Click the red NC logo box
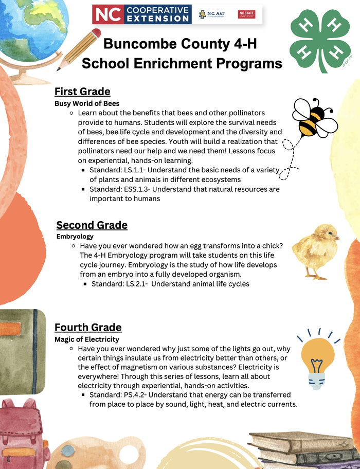[109, 14]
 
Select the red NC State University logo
[246, 14]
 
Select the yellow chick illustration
[315, 249]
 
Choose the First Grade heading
[82, 92]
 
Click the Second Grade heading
[92, 225]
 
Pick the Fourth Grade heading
[88, 327]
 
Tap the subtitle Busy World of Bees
[87, 103]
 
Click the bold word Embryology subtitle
[75, 237]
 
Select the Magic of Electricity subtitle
[87, 339]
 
